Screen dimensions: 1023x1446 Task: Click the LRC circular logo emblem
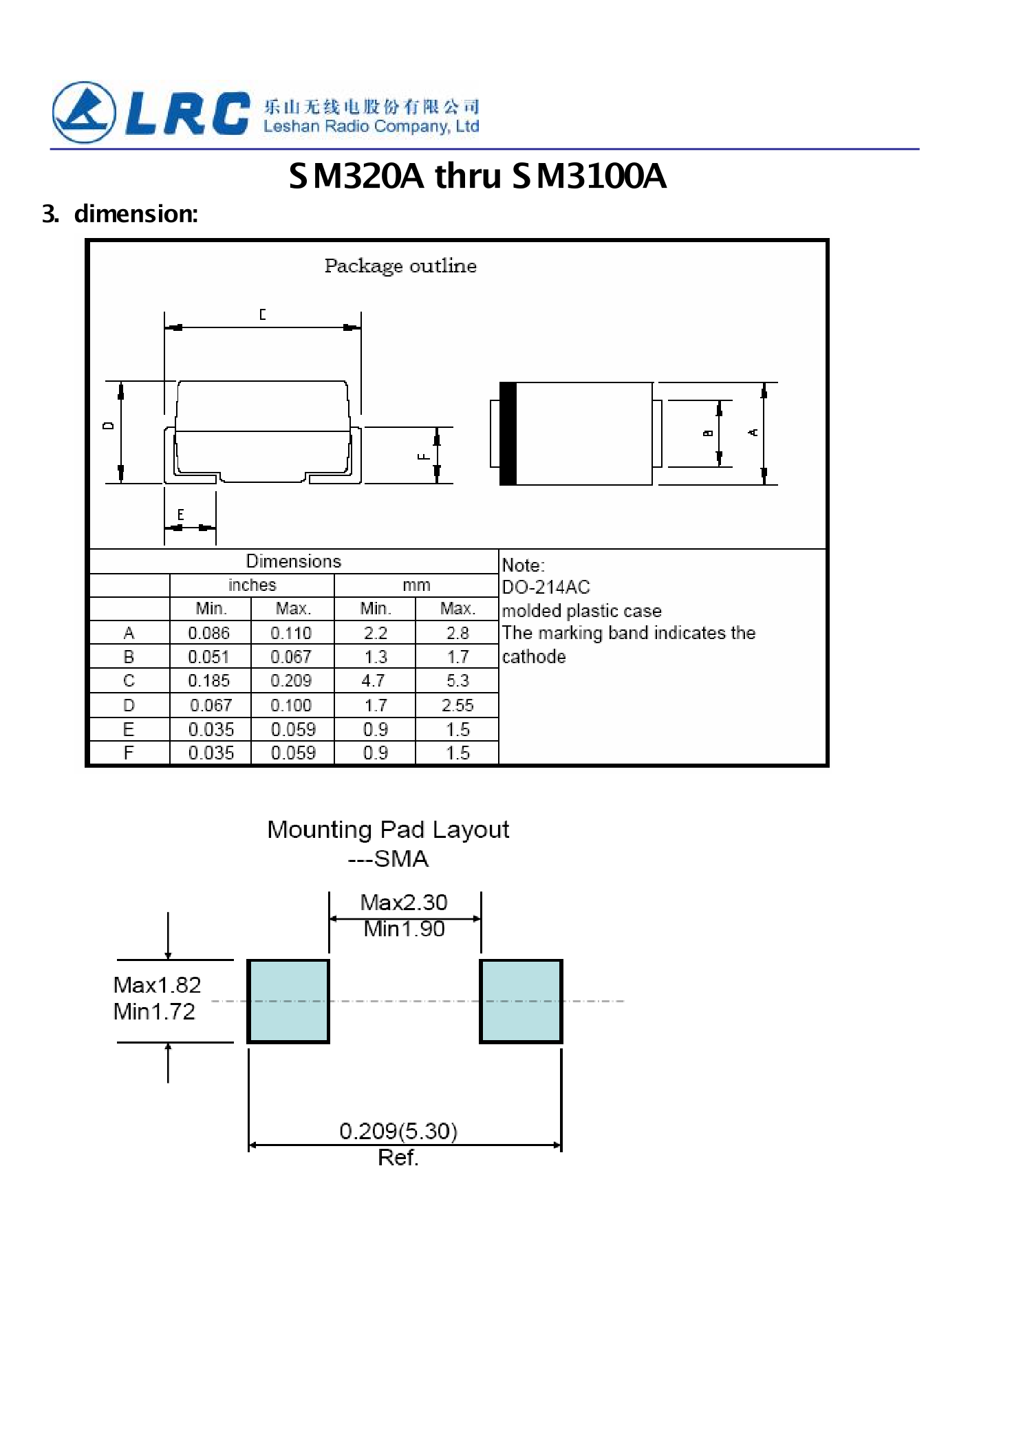coord(84,112)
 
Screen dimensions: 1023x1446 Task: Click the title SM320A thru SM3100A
coord(477,176)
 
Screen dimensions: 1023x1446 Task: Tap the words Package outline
coord(400,266)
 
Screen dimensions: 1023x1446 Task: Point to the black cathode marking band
coord(508,433)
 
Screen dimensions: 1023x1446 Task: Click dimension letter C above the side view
coord(262,314)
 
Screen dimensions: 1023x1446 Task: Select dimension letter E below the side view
coord(180,515)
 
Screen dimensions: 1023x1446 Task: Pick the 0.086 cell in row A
coord(209,633)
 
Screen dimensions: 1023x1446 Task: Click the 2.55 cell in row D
coord(457,705)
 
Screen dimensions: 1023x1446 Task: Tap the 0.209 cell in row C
coord(291,681)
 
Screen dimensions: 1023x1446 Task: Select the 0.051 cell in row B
coord(209,657)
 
